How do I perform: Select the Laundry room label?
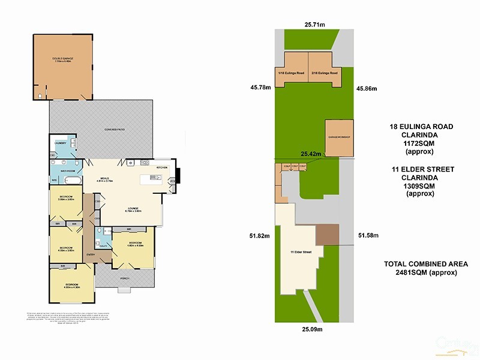pos(60,143)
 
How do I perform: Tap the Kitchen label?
pos(161,167)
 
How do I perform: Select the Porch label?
pos(124,278)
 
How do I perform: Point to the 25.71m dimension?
pos(314,25)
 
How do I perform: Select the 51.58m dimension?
pos(368,235)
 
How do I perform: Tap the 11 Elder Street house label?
pos(299,251)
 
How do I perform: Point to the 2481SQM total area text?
pos(427,272)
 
